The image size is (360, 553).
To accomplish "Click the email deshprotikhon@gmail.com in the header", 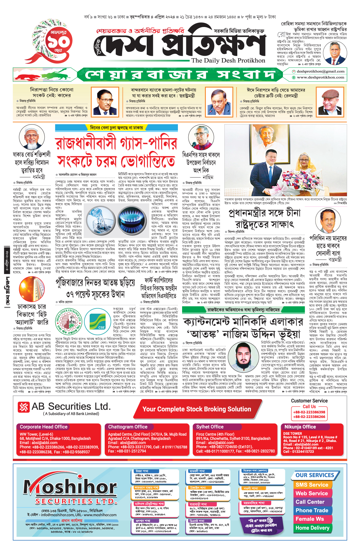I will tap(320, 71).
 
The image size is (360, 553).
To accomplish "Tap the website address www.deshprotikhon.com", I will tap(320, 77).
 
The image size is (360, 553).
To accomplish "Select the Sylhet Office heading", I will tap(210, 427).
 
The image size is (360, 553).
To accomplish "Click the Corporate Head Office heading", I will tap(44, 427).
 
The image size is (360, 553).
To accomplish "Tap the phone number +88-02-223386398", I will tap(309, 412).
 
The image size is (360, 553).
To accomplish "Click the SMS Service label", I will tap(312, 485).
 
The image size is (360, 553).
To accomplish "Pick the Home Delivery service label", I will tap(312, 528).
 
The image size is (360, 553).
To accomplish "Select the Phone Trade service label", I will tap(312, 510).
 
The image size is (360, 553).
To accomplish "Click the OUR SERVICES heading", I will tap(315, 475).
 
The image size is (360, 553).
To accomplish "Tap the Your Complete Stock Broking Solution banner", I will tap(197, 409).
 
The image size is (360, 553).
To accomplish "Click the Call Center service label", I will tap(310, 502).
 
